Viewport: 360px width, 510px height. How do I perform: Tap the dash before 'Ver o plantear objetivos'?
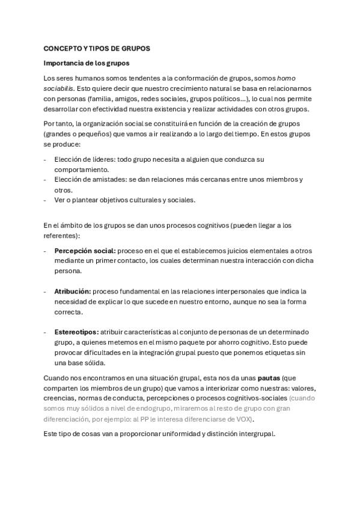[46, 200]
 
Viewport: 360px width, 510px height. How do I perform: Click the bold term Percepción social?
[85, 250]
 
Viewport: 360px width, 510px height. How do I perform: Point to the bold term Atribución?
[73, 291]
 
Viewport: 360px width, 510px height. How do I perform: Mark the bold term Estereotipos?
[76, 332]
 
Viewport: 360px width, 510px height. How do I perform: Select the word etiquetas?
[279, 352]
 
